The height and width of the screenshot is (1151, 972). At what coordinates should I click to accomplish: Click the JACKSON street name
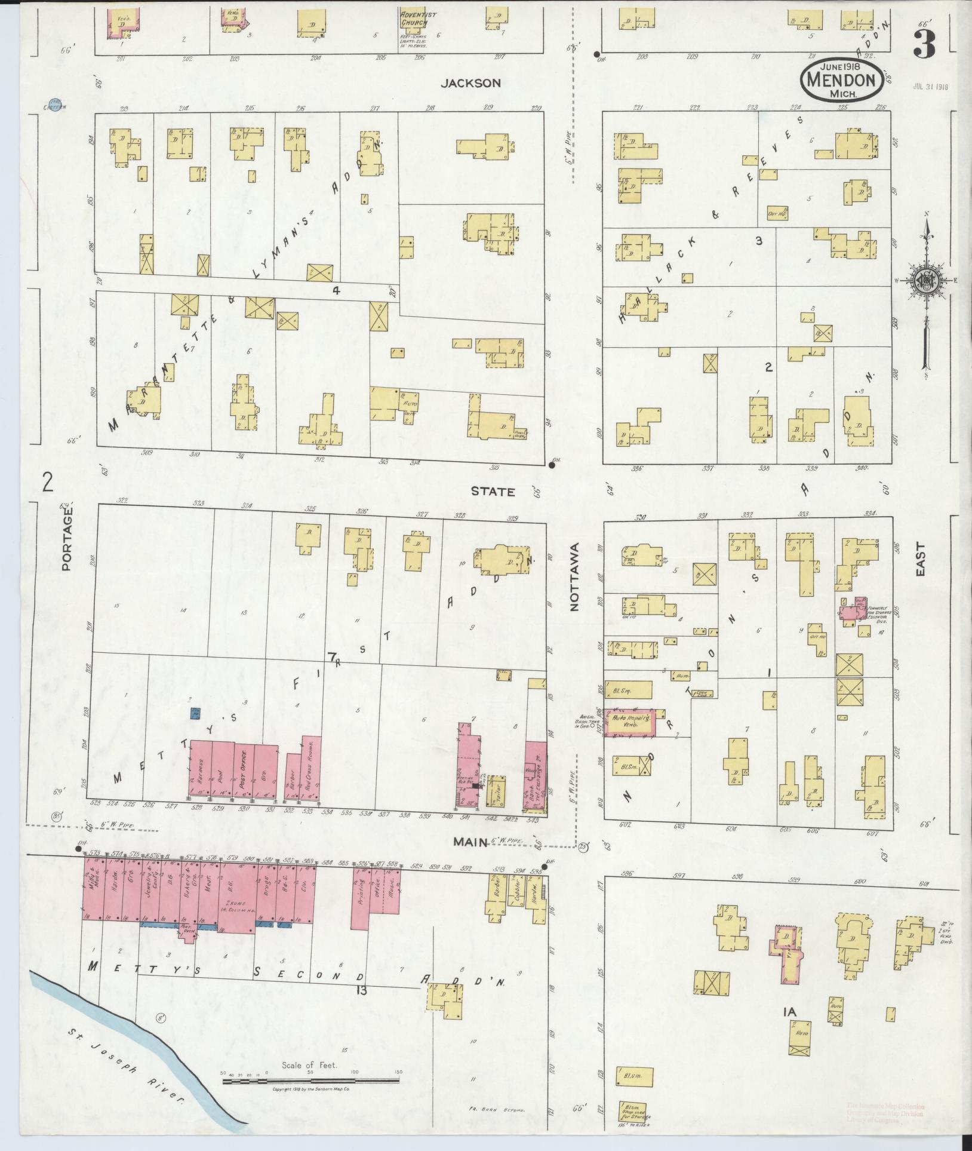pyautogui.click(x=470, y=84)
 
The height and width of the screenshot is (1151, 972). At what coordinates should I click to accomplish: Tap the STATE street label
pyautogui.click(x=493, y=492)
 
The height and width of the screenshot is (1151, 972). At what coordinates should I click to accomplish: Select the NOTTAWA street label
pyautogui.click(x=575, y=577)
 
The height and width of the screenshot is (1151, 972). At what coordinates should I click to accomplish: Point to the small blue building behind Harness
pyautogui.click(x=195, y=713)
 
